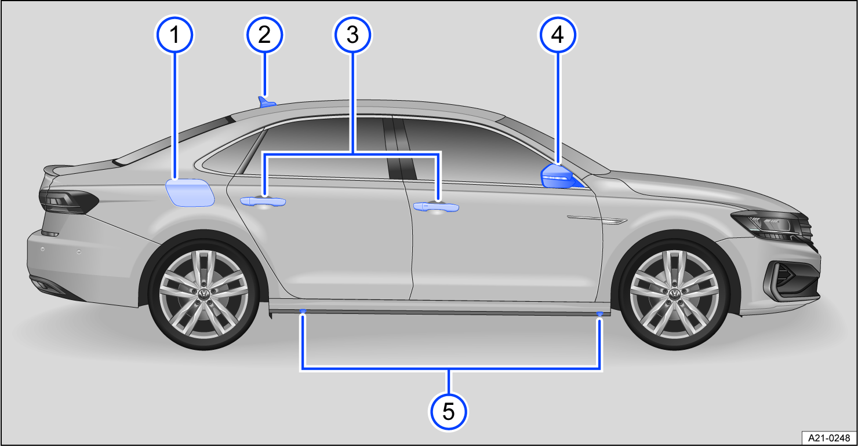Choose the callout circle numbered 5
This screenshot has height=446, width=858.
[x=448, y=411]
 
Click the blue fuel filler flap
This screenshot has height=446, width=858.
[x=190, y=193]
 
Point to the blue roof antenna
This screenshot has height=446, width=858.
[x=267, y=103]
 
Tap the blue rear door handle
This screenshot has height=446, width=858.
[x=263, y=201]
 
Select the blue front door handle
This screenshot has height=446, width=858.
[x=436, y=207]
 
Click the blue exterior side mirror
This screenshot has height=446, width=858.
[x=558, y=177]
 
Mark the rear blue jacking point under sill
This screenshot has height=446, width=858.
[x=303, y=312]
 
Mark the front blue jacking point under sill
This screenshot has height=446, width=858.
[x=600, y=313]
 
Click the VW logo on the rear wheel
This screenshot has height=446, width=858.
[x=203, y=294]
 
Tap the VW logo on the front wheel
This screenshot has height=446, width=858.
[x=674, y=294]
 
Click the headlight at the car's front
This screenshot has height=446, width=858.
[x=768, y=225]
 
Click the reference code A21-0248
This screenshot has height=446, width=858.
[x=827, y=436]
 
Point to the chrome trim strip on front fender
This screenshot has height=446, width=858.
[x=597, y=220]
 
